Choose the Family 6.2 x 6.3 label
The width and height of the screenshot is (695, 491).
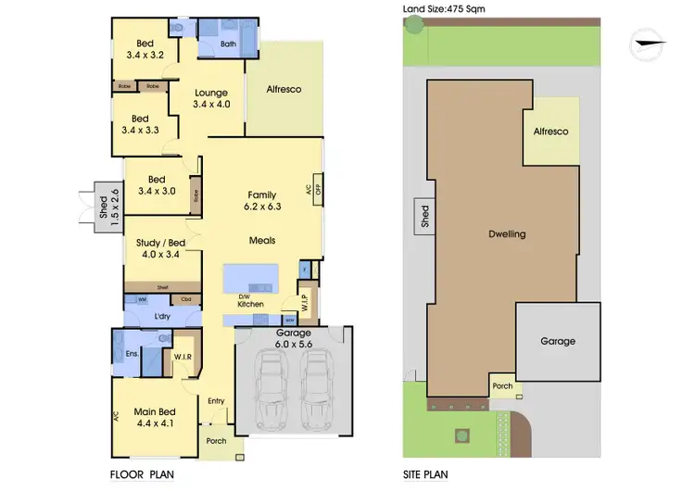(x=260, y=201)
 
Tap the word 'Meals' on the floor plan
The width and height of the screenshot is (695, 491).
(x=261, y=241)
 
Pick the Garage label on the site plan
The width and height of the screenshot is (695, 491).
(x=558, y=341)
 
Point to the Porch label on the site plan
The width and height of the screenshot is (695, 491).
(x=502, y=386)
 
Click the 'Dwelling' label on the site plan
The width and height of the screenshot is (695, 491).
(x=507, y=234)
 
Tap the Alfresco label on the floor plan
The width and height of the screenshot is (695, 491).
(x=284, y=90)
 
